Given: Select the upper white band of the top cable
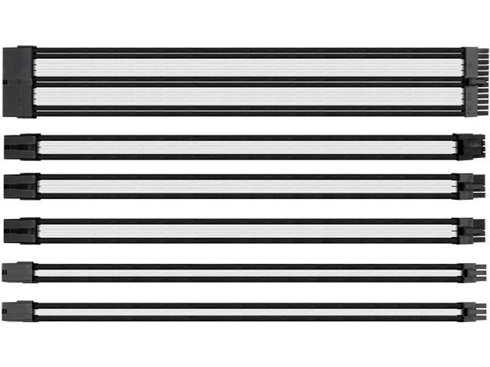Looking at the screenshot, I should (x=248, y=68).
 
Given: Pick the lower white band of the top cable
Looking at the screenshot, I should (x=248, y=97).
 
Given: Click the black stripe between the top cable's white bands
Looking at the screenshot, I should (x=248, y=82).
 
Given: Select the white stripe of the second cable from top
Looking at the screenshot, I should (x=248, y=147).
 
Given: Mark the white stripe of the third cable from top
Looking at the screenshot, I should (x=248, y=187).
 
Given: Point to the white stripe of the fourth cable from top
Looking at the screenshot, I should (x=248, y=231).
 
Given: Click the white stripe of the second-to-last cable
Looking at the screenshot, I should (x=248, y=273).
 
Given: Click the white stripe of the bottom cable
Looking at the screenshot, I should (x=248, y=312).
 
